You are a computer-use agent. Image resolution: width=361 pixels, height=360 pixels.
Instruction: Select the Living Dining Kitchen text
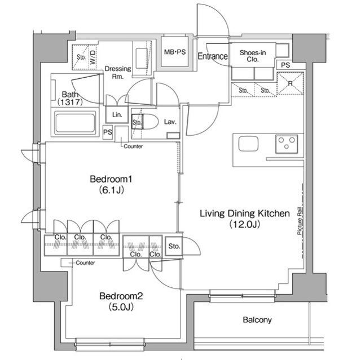[x=244, y=214]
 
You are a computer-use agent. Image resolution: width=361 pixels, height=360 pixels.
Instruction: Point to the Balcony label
[x=257, y=320]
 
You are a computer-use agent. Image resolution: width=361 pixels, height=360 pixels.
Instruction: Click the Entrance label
[x=213, y=56]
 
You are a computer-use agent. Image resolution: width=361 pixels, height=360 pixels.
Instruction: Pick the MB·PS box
[x=174, y=53]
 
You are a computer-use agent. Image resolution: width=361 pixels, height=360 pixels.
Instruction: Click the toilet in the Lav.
[x=148, y=121]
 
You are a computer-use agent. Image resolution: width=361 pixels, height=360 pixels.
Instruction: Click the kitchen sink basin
[x=248, y=144]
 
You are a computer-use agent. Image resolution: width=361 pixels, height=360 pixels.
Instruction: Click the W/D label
[x=93, y=57]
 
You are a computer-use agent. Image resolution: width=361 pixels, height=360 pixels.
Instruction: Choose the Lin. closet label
[x=117, y=114]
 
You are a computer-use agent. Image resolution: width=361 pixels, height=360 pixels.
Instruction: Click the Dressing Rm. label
[x=118, y=73]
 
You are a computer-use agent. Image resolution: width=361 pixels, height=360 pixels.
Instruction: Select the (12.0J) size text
[x=244, y=225]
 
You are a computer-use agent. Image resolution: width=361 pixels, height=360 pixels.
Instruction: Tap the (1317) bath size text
[x=70, y=102]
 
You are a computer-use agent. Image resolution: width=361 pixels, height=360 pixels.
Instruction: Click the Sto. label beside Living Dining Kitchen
[x=174, y=246]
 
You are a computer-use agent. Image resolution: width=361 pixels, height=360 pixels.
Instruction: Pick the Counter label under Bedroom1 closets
[x=85, y=263]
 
